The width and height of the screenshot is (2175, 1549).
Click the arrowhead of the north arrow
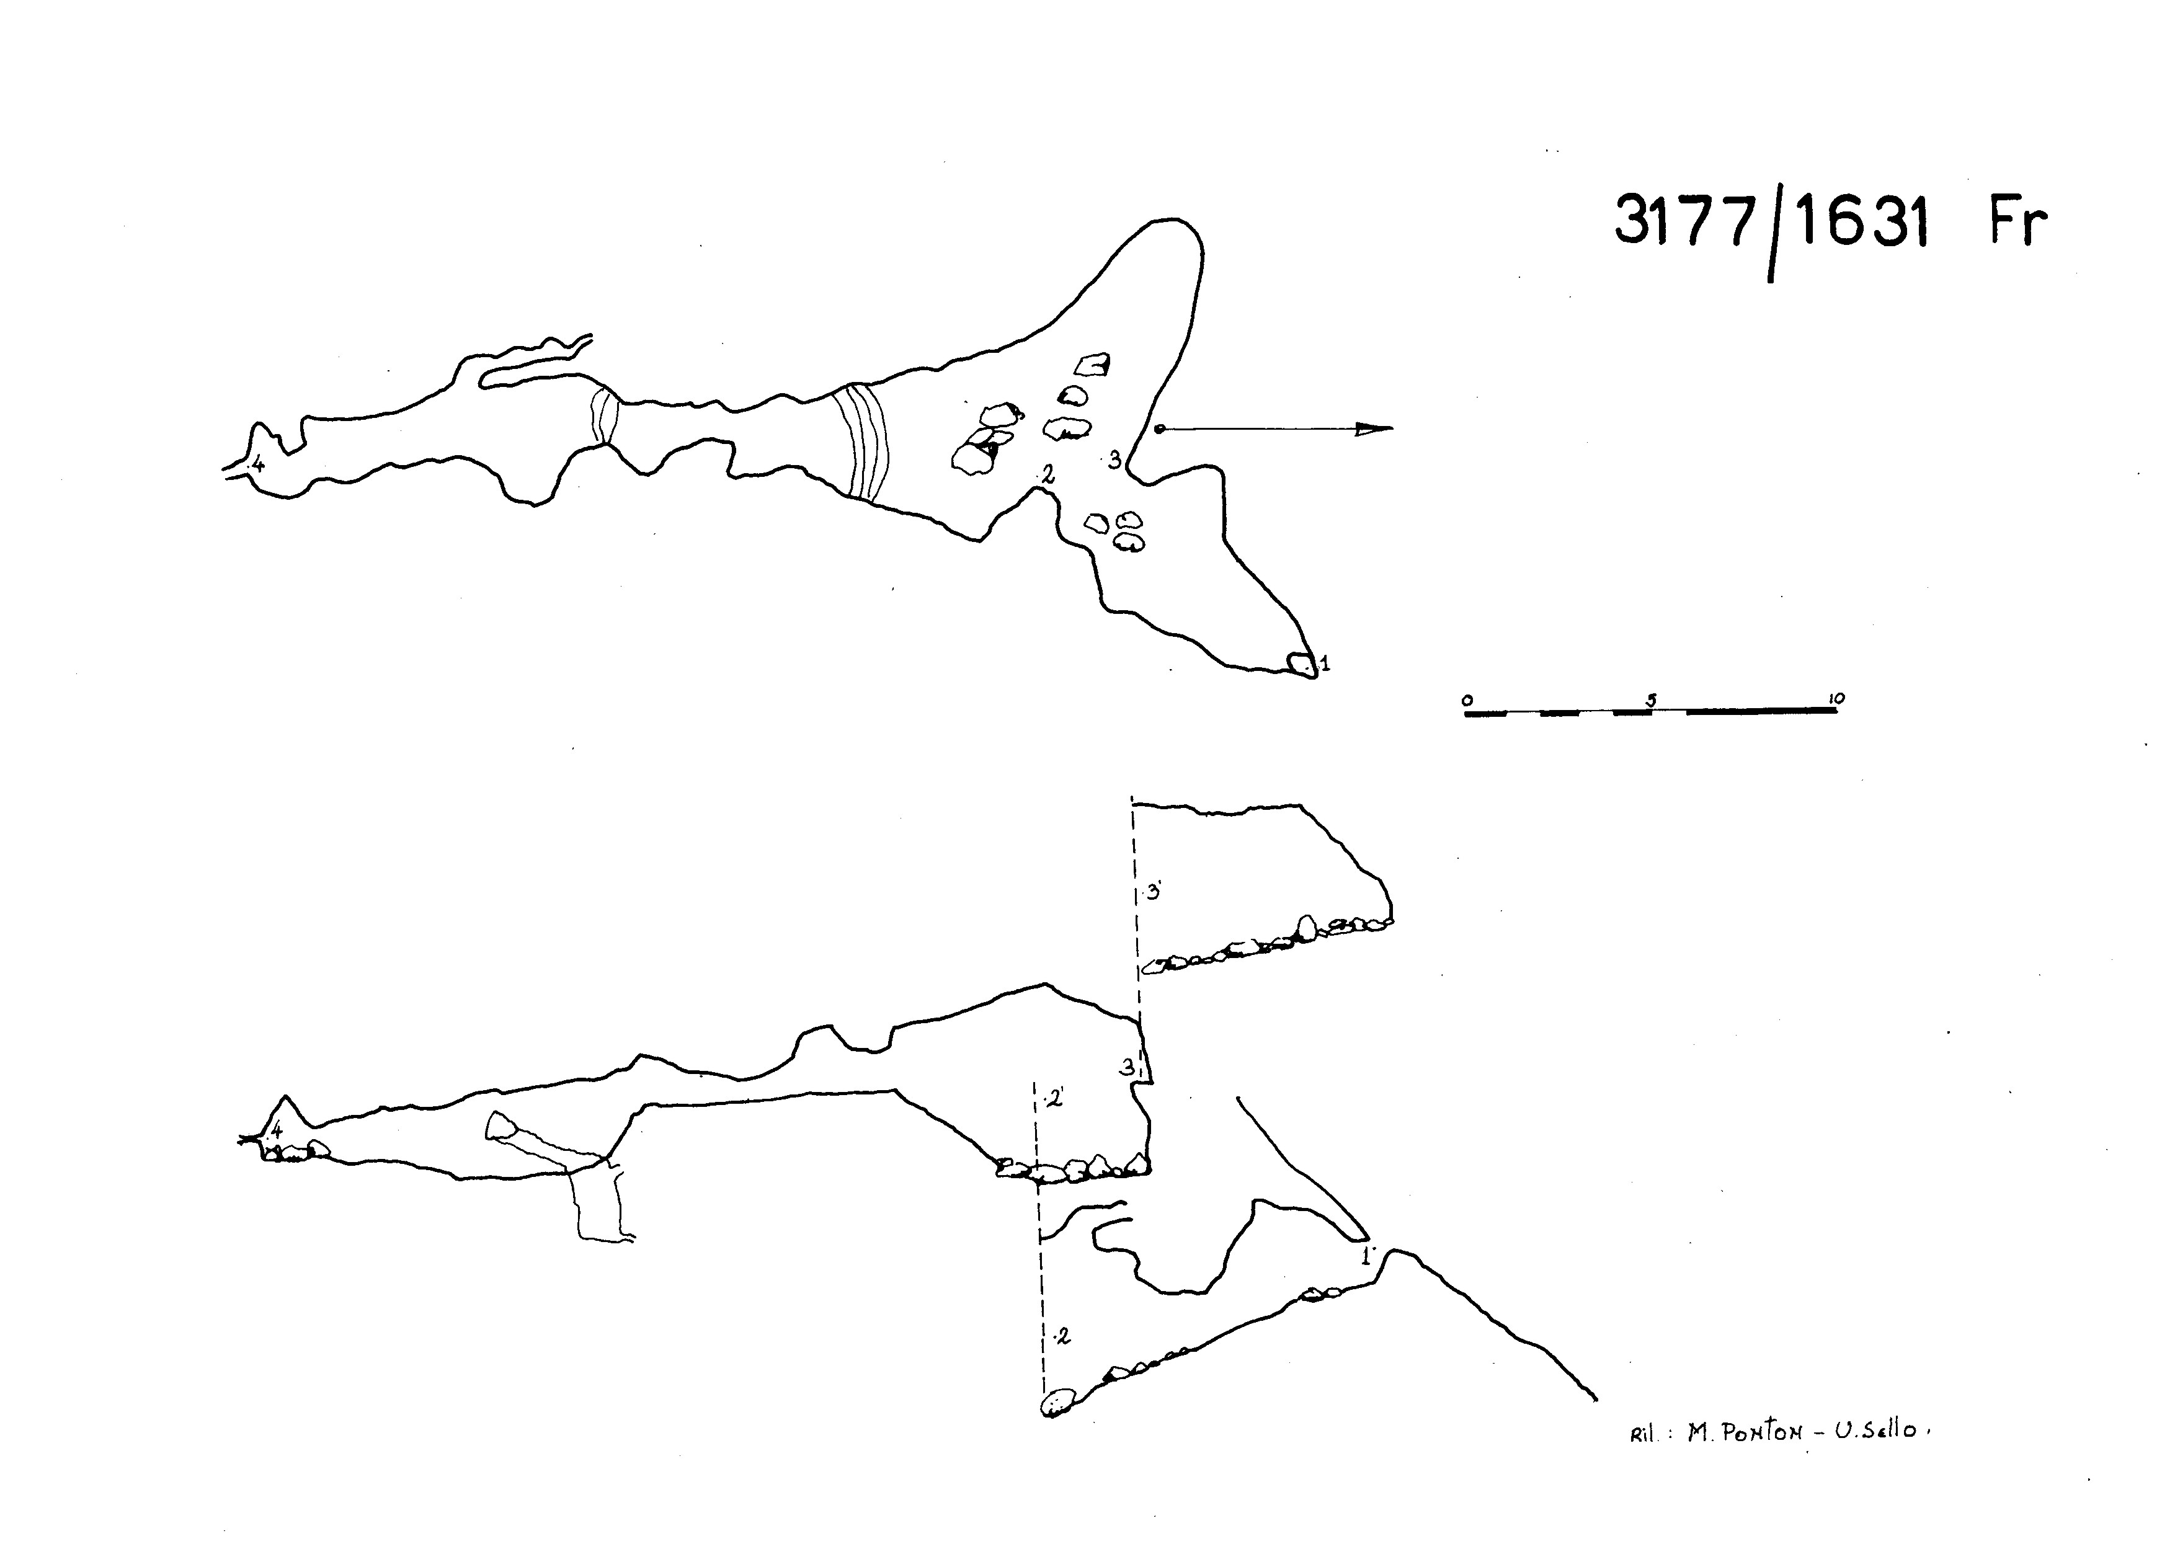[1374, 428]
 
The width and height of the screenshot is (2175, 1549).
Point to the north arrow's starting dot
[1159, 429]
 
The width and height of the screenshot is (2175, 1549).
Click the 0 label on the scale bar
[1468, 700]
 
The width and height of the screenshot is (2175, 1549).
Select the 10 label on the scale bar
[1835, 698]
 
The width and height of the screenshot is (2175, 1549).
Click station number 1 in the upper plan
[1325, 663]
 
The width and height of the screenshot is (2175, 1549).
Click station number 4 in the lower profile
[277, 1130]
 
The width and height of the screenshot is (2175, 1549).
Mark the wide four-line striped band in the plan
[861, 442]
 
